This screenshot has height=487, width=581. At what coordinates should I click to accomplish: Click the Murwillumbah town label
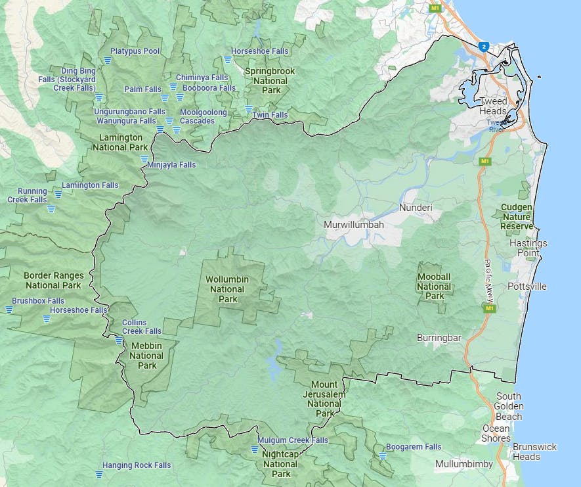coord(353,225)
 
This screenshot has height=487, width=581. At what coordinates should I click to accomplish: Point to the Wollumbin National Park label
coord(226,289)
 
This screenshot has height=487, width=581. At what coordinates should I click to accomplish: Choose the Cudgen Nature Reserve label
coord(517,216)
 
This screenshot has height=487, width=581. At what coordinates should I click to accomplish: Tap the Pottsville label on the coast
coord(527,287)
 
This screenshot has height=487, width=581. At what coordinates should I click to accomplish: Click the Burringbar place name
coord(439,338)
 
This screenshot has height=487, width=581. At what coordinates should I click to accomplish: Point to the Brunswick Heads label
coord(534,452)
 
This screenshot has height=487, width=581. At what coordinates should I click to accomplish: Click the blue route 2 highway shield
coord(484,47)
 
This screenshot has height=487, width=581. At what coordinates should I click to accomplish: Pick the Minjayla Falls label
coord(172,165)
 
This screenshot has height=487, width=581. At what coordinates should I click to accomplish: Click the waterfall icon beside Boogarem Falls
coord(382,455)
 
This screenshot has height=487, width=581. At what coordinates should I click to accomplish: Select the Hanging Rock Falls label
coord(136,465)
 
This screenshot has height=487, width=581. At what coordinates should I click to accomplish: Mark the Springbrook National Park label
coord(270,80)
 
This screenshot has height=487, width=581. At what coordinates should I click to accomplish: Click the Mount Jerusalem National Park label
coord(325,399)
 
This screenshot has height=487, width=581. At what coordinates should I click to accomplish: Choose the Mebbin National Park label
coord(146,356)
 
